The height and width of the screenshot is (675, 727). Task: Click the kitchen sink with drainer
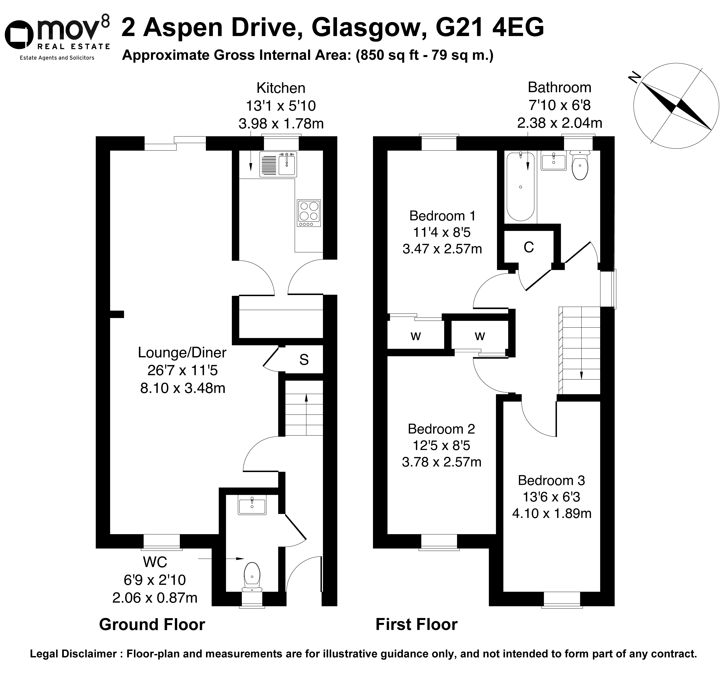coord(278,164)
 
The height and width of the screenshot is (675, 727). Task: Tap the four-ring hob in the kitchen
coord(309,213)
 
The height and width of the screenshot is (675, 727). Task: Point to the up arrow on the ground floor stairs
coord(306,415)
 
